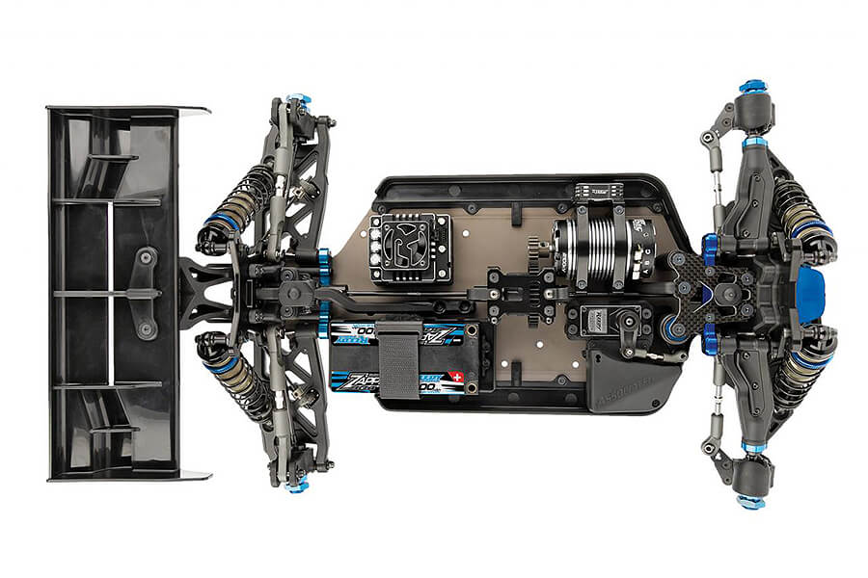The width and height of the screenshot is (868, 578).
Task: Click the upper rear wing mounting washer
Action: coord(147,256)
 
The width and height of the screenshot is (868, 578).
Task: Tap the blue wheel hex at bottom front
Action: coord(751,501)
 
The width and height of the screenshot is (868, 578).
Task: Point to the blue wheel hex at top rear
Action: coord(297,99)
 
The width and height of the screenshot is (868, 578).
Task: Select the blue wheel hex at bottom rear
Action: coord(297,486)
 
